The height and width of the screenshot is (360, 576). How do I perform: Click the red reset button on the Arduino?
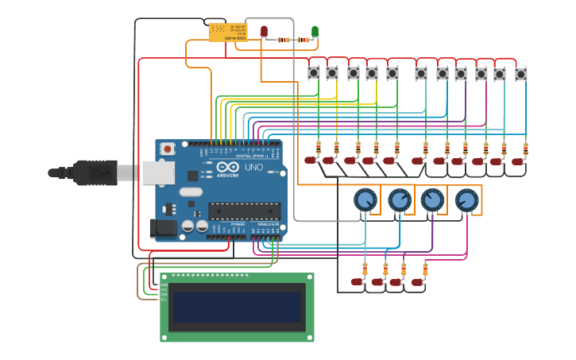(167, 148)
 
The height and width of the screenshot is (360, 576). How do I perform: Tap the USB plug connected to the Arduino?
(95, 172)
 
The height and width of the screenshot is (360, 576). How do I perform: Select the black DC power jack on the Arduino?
(163, 229)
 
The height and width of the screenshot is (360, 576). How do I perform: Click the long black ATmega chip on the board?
(244, 211)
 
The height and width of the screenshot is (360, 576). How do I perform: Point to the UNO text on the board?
(253, 168)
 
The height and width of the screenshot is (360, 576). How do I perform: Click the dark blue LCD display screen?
(237, 306)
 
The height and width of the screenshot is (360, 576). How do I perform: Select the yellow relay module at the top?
(228, 32)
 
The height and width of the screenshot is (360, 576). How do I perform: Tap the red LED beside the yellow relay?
(265, 32)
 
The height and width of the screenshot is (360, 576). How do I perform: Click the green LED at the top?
(315, 32)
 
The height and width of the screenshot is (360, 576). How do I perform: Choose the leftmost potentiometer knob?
(365, 199)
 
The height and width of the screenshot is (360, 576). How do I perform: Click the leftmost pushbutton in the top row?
(314, 73)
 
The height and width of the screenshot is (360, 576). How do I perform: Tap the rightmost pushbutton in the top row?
(521, 74)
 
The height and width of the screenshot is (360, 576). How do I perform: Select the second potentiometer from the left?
(399, 199)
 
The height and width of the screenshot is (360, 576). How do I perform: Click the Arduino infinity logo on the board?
(226, 168)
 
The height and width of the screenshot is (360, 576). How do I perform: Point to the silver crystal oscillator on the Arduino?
(191, 192)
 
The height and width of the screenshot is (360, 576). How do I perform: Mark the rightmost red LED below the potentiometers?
(417, 281)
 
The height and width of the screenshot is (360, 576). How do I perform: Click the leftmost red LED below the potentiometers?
(358, 281)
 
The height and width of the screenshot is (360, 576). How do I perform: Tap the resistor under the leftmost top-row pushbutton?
(319, 147)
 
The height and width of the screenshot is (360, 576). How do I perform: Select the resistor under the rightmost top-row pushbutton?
(525, 147)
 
